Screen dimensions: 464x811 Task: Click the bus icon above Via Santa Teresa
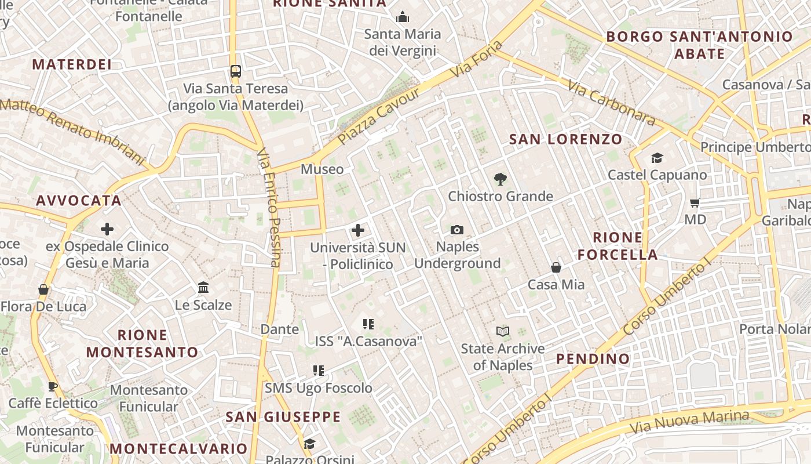click(x=235, y=71)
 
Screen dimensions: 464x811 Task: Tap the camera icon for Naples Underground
click(x=457, y=230)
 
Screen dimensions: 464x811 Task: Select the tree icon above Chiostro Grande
click(x=501, y=179)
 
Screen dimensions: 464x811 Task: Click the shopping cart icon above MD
click(x=695, y=202)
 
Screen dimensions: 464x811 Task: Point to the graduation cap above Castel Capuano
click(x=657, y=158)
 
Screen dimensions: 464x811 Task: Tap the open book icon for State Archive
click(x=503, y=332)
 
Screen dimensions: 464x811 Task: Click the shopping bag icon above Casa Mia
click(x=556, y=267)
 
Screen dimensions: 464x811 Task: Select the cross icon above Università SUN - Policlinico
click(x=358, y=230)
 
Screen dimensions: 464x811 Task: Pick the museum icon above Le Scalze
click(x=203, y=288)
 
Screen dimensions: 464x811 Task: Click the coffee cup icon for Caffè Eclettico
click(x=53, y=386)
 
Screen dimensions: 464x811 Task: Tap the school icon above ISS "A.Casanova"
click(x=368, y=324)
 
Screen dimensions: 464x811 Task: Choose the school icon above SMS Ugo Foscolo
click(x=318, y=371)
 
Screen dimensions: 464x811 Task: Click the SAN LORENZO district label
click(x=565, y=139)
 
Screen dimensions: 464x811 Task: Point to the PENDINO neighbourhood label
click(x=593, y=359)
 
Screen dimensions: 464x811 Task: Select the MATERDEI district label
click(x=72, y=64)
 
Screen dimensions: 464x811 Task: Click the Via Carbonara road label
click(x=611, y=103)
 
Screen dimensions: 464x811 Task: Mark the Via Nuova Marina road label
click(x=689, y=422)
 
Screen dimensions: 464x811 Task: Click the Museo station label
click(x=322, y=169)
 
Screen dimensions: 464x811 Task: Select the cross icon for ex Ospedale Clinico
click(x=107, y=229)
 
